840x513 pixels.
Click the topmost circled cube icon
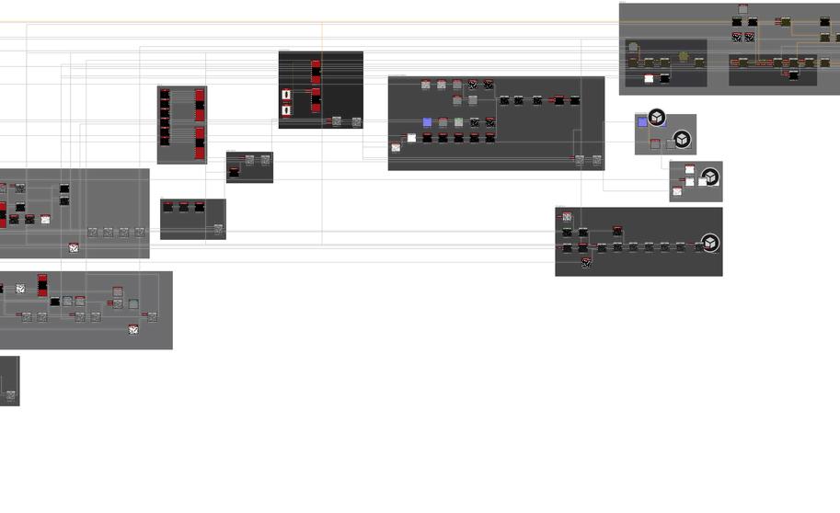pos(656,117)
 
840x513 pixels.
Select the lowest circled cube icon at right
pos(709,244)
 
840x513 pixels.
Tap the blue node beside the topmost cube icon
pos(642,122)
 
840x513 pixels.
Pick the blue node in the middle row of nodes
pos(427,122)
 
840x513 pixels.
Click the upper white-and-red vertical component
pos(286,95)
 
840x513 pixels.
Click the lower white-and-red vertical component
pos(286,110)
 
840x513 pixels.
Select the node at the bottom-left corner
pos(11,395)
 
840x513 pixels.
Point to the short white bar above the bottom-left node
pos(8,354)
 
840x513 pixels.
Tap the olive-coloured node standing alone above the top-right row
pos(684,56)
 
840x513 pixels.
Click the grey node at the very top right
pos(743,10)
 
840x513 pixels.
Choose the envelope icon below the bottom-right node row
pos(586,263)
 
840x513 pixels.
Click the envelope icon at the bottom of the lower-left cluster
pos(133,329)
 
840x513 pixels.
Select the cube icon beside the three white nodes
pos(709,177)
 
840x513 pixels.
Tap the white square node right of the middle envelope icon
pos(411,138)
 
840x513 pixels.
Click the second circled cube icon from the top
pos(682,140)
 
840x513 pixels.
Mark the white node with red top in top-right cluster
pos(649,77)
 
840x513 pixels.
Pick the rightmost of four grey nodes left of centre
pos(140,233)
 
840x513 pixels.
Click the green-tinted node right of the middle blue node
pos(459,122)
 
